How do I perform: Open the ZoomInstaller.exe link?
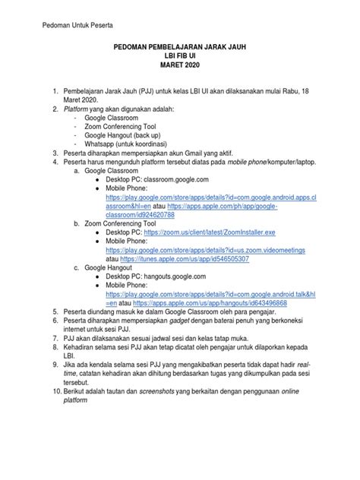click(210, 234)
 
